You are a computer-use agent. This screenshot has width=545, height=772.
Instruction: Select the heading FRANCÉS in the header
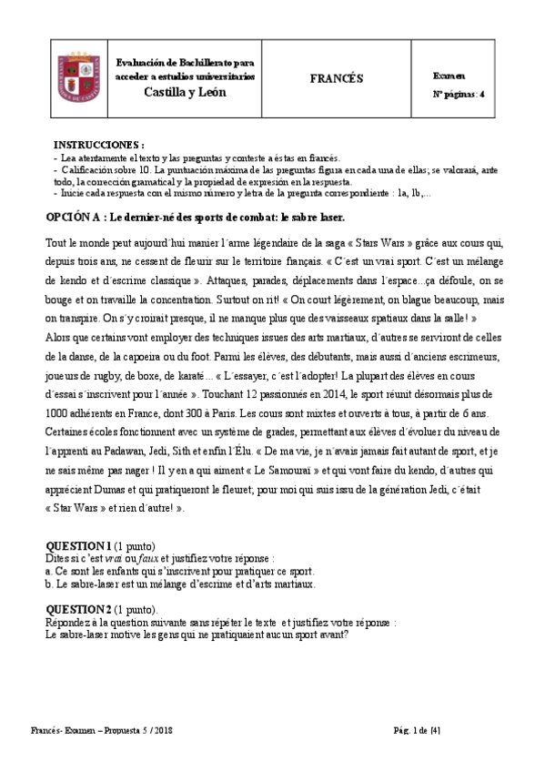coord(336,79)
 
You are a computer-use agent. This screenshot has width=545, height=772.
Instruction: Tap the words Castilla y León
coord(186,93)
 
